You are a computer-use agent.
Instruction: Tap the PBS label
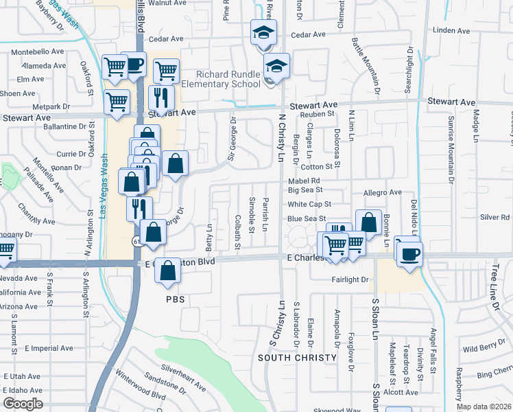[x=176, y=300]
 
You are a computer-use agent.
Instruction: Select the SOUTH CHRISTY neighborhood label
[x=297, y=358]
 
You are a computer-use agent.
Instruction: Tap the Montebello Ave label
[x=43, y=51]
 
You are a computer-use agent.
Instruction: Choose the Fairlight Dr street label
[x=350, y=279]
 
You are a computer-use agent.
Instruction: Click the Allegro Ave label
[x=383, y=193]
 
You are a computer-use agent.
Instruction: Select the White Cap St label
[x=309, y=204]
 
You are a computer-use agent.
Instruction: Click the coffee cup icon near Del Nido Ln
[x=411, y=253]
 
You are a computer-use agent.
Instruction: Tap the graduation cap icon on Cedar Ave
[x=263, y=32]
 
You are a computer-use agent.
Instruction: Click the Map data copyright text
[x=484, y=407]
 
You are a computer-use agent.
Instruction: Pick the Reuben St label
[x=320, y=114]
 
